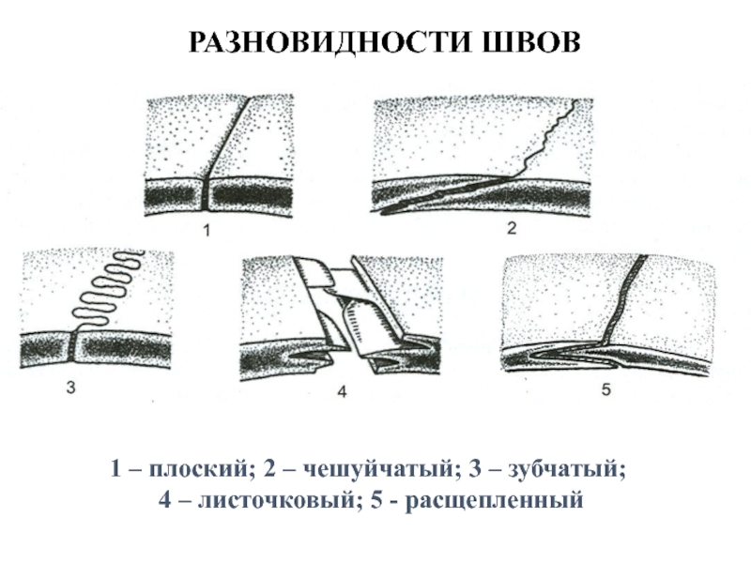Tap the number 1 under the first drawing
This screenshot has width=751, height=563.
[208, 229]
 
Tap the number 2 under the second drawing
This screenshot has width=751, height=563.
[512, 228]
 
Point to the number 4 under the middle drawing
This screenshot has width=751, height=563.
[343, 394]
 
